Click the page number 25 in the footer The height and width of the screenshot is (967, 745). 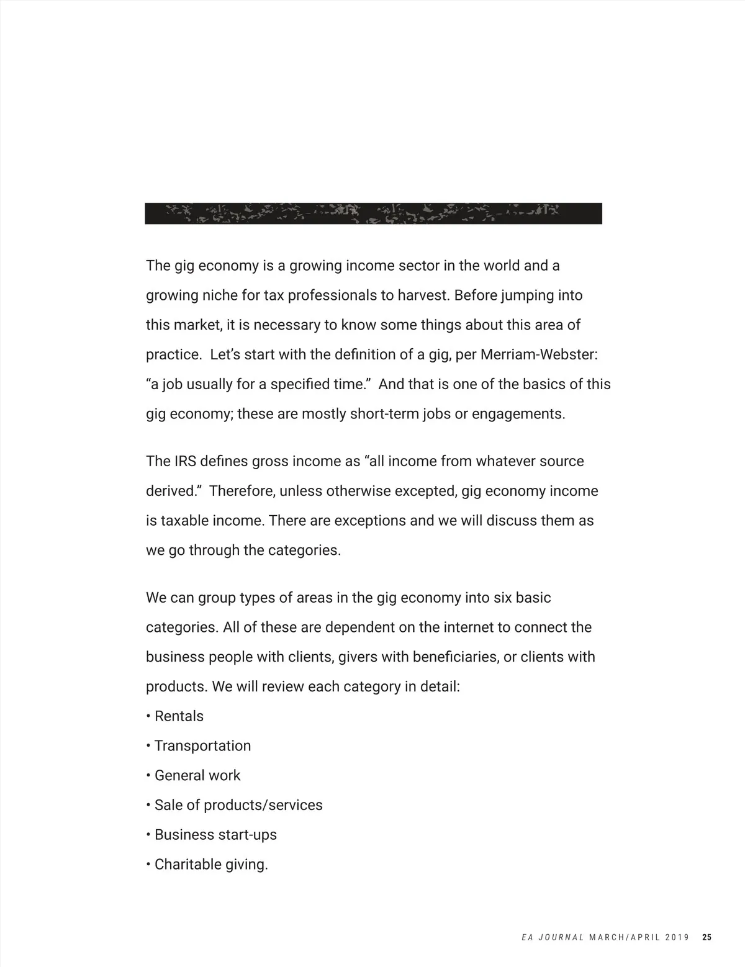point(707,938)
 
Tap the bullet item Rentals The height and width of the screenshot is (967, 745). point(179,716)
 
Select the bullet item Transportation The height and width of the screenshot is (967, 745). point(202,746)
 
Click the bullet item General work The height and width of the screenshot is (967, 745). point(197,776)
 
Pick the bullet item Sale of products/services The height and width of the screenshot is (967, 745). point(238,806)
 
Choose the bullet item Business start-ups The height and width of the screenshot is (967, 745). point(215,835)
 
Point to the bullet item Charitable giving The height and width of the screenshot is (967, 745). point(211,865)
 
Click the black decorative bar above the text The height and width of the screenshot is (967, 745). point(373,214)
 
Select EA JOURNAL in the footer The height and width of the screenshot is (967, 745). point(553,938)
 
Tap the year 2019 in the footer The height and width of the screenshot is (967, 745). point(676,938)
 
